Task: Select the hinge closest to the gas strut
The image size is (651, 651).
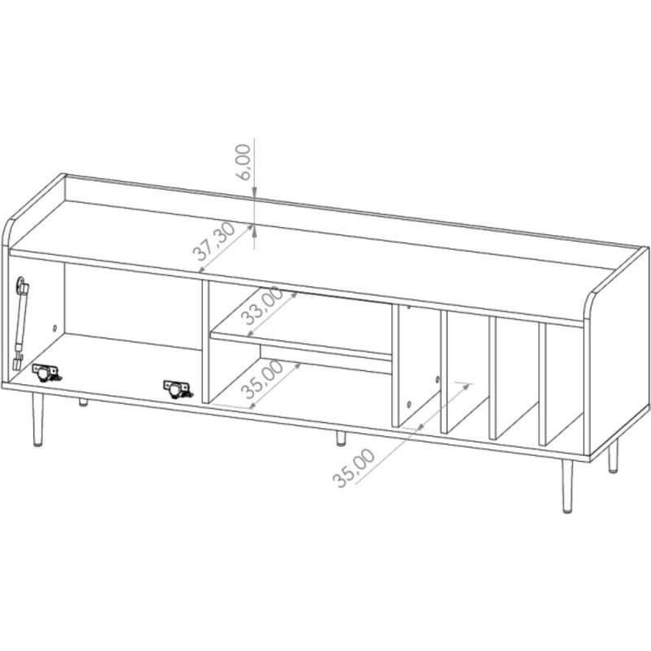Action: (46, 372)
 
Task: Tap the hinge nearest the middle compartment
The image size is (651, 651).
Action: (179, 387)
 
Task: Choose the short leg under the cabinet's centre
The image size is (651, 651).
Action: (340, 439)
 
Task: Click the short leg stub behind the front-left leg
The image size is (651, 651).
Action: (82, 402)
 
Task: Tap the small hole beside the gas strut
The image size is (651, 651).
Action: (55, 329)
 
